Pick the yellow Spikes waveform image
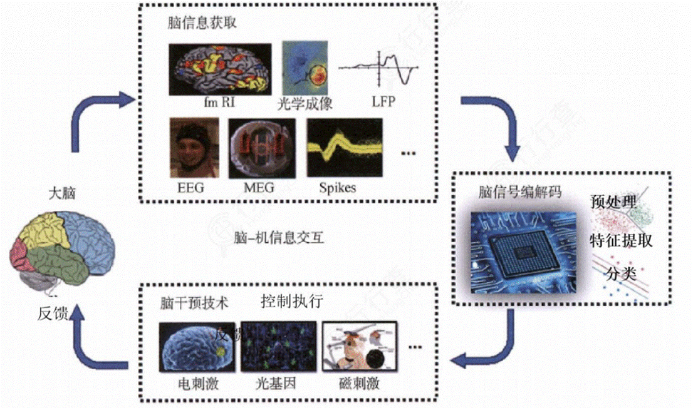point(345,148)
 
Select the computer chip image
point(523,250)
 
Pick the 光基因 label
point(273,382)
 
